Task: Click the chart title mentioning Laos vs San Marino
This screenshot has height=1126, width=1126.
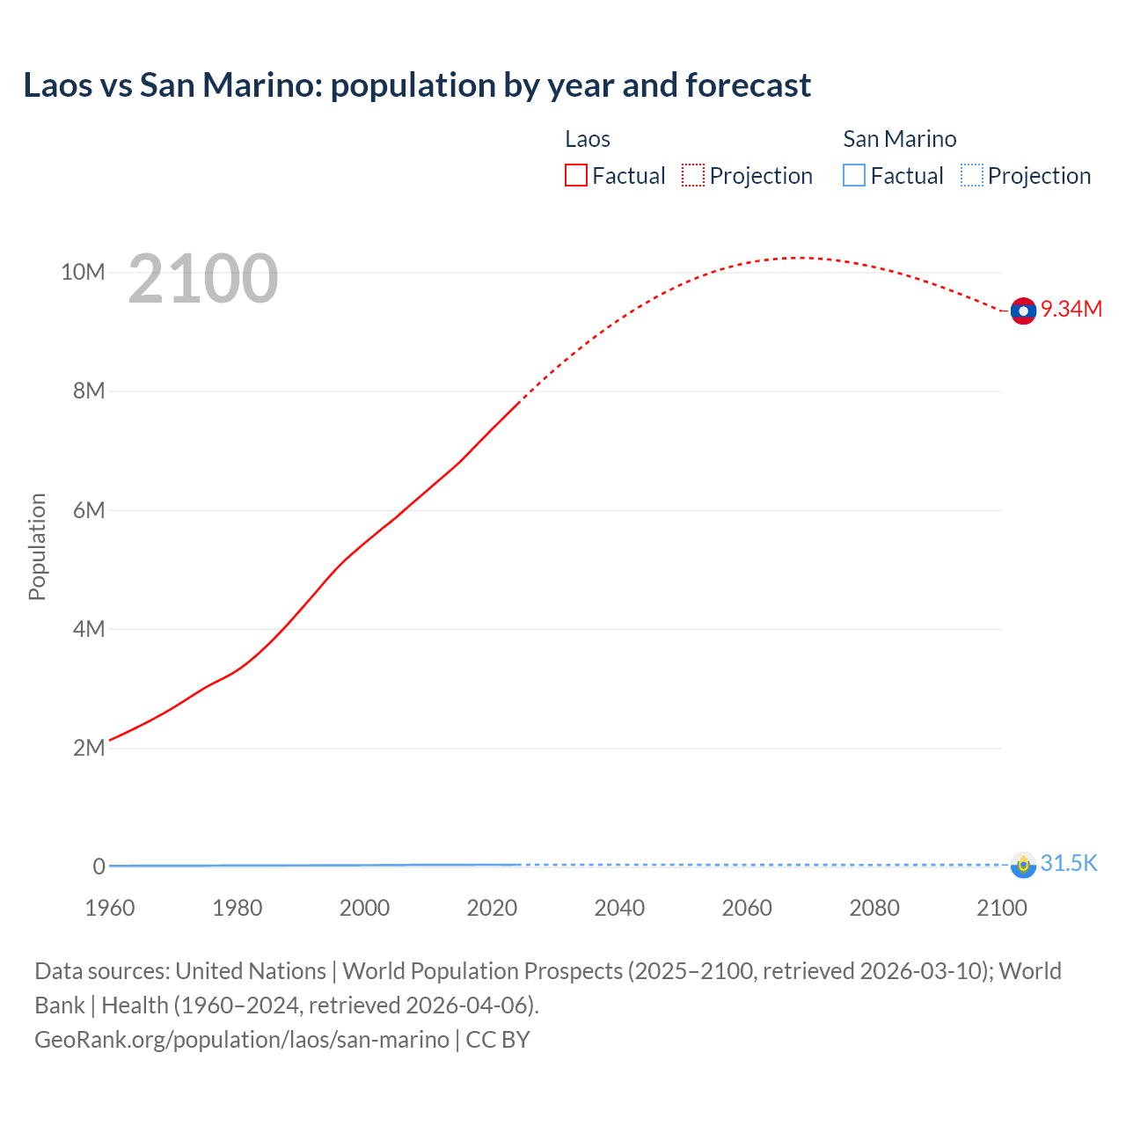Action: click(x=417, y=85)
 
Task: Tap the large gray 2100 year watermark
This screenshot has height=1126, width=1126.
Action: click(x=203, y=279)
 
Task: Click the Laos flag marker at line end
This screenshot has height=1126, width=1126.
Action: click(x=1023, y=311)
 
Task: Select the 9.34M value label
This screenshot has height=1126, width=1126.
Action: click(x=1071, y=309)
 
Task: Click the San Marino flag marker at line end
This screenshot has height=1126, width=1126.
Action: click(x=1023, y=865)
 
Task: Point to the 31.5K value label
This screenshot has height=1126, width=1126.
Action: click(x=1069, y=863)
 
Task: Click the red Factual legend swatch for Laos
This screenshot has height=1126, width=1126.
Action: click(x=576, y=176)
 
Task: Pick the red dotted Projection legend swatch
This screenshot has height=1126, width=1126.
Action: click(x=693, y=176)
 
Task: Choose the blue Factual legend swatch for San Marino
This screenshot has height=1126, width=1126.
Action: click(x=854, y=176)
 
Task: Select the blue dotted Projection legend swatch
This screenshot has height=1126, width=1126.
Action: click(x=971, y=176)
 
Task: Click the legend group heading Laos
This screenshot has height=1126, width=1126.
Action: click(x=588, y=139)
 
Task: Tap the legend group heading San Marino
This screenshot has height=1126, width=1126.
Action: click(x=899, y=139)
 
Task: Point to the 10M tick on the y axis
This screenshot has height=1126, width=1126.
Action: click(x=83, y=272)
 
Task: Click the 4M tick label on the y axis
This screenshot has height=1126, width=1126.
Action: click(x=89, y=629)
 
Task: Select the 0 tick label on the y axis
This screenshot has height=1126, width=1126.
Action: click(x=99, y=866)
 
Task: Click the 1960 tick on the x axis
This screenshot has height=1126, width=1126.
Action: click(x=110, y=908)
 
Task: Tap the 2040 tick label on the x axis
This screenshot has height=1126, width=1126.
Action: click(x=619, y=908)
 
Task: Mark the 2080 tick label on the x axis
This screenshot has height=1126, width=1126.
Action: click(x=874, y=908)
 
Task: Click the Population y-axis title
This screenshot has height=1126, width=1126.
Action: click(x=37, y=546)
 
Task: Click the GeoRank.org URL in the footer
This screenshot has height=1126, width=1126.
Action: click(x=242, y=1040)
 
